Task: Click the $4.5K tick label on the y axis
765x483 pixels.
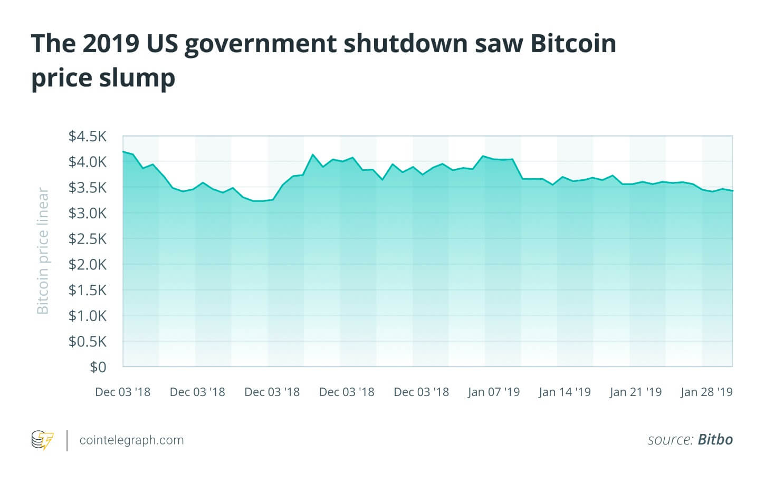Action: [87, 137]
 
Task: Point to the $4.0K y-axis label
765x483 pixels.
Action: [87, 162]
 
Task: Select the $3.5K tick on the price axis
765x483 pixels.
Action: [87, 188]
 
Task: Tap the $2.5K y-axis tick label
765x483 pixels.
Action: [87, 239]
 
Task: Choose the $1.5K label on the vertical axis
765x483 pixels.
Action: [87, 290]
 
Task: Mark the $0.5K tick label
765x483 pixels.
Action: [87, 342]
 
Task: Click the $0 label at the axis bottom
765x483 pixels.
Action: [98, 367]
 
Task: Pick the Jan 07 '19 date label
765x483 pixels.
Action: [494, 392]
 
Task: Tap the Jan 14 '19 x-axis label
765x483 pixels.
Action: [565, 392]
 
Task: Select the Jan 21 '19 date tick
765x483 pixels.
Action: [635, 392]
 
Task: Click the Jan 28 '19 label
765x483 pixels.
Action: [706, 392]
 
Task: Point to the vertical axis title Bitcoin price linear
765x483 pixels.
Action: [43, 251]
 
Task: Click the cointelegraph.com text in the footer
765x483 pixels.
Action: [131, 440]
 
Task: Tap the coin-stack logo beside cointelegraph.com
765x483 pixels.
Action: [42, 440]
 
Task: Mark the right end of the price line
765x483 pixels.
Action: [732, 191]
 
